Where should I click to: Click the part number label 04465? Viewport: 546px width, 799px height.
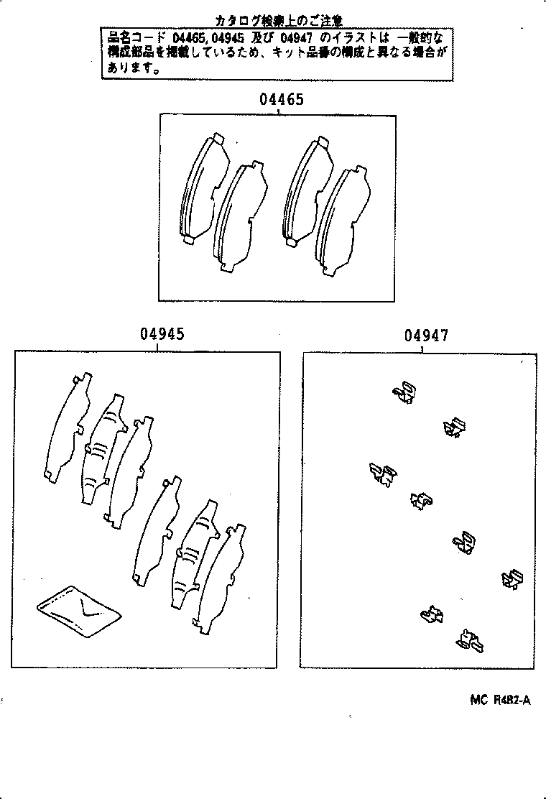click(282, 100)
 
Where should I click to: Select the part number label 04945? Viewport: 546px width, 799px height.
click(162, 334)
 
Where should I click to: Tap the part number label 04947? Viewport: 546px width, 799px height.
click(427, 336)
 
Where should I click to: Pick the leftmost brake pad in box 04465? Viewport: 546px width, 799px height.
click(201, 188)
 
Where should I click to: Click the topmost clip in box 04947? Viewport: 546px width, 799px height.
click(404, 392)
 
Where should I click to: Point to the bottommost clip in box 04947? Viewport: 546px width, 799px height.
click(470, 640)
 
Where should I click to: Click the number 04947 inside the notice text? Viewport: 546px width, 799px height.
click(301, 36)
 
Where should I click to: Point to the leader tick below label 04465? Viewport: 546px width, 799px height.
click(278, 111)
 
